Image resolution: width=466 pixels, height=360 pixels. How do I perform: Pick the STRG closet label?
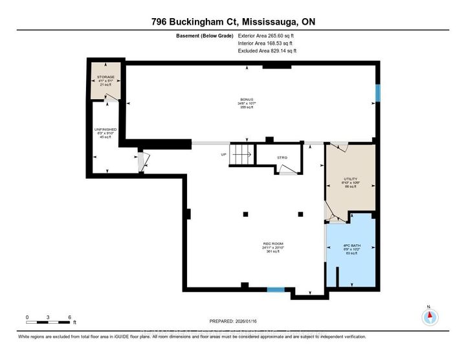(x=282, y=157)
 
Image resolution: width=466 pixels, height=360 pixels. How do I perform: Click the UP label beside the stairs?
(x=224, y=155)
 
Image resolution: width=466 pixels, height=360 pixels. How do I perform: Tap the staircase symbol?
(x=242, y=155)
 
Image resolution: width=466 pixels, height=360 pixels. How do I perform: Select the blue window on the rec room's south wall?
(x=275, y=289)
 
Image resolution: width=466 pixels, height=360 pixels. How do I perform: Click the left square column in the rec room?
(x=245, y=214)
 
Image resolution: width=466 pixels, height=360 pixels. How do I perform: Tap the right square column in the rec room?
(x=300, y=214)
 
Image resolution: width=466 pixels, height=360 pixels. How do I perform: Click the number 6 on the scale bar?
(x=69, y=317)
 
